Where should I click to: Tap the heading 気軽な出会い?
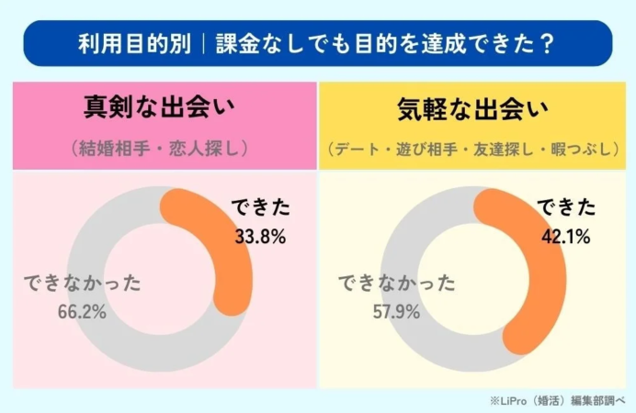(472, 108)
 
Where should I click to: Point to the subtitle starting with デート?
(472, 148)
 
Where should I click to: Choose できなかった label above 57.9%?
(396, 283)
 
